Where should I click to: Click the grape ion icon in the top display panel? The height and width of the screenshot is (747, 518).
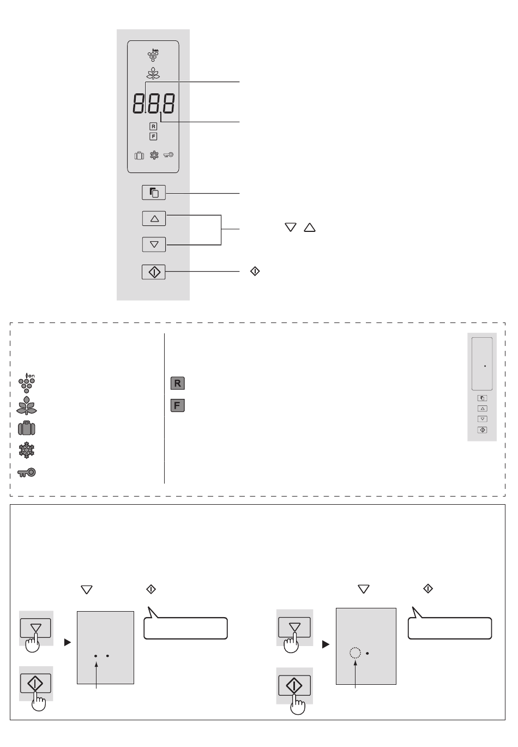click(x=153, y=55)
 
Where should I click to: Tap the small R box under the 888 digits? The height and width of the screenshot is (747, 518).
click(x=153, y=127)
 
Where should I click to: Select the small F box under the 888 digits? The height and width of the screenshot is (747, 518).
click(x=153, y=136)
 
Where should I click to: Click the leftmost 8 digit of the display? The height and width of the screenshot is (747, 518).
click(x=138, y=103)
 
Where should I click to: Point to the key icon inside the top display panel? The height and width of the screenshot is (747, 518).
click(x=168, y=155)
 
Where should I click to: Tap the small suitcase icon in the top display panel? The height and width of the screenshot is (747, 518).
click(x=139, y=156)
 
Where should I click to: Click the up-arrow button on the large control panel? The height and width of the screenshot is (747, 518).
click(x=154, y=218)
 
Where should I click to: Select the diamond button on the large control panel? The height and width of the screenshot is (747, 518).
click(x=154, y=272)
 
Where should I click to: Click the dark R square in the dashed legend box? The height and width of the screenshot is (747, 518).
click(x=178, y=383)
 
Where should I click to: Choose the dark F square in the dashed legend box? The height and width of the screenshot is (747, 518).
click(x=178, y=405)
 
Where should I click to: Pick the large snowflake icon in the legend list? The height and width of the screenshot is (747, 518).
click(x=27, y=450)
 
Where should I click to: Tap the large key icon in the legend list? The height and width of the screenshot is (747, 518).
click(x=27, y=472)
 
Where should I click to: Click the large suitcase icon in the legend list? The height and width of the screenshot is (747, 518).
click(x=27, y=428)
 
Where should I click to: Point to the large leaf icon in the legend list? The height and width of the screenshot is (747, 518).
click(x=27, y=405)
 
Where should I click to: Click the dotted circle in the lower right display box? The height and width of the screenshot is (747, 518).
click(x=355, y=653)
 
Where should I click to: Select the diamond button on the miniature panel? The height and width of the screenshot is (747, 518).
click(x=483, y=430)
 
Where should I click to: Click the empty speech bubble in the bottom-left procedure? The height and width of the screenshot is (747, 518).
click(x=185, y=625)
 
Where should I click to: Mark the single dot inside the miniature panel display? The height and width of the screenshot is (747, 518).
click(x=485, y=366)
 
